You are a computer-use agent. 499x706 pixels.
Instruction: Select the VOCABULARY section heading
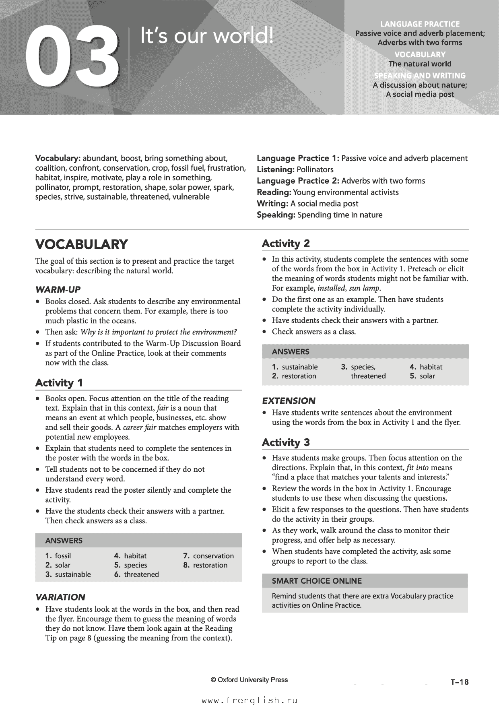(82, 244)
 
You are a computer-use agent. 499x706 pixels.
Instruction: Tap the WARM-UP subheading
(58, 289)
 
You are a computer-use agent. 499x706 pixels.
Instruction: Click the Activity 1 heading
(59, 382)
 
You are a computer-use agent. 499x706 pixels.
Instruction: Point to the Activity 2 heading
(286, 244)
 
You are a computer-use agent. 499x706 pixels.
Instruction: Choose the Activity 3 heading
(286, 442)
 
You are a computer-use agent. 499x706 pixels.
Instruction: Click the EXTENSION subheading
(289, 400)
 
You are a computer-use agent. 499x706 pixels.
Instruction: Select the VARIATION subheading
(60, 597)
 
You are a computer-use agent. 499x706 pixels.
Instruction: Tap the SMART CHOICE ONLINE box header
(317, 581)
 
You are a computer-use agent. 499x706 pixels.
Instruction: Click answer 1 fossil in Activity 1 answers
(58, 556)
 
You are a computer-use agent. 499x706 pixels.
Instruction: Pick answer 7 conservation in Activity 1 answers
(208, 556)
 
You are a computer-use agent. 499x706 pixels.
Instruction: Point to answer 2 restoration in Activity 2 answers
(294, 376)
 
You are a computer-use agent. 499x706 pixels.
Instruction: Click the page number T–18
(460, 682)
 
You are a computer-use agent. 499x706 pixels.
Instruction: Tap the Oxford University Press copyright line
(249, 679)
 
